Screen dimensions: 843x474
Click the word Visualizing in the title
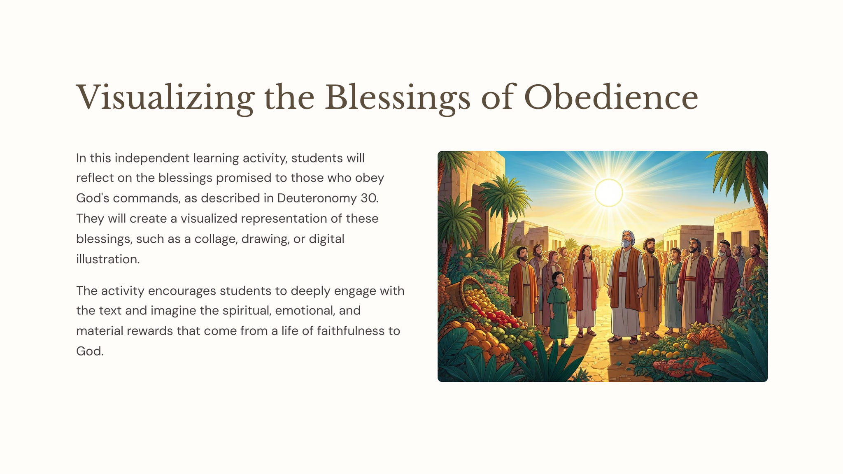pos(165,98)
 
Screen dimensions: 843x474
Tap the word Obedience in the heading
pos(611,98)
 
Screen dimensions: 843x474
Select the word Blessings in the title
pos(398,98)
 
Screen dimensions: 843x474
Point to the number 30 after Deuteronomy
pos(369,198)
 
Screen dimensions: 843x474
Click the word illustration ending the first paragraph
pos(108,259)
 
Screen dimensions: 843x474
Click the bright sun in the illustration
pos(609,193)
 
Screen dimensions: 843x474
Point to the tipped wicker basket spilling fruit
pos(461,293)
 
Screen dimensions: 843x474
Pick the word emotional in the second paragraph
pos(305,311)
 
